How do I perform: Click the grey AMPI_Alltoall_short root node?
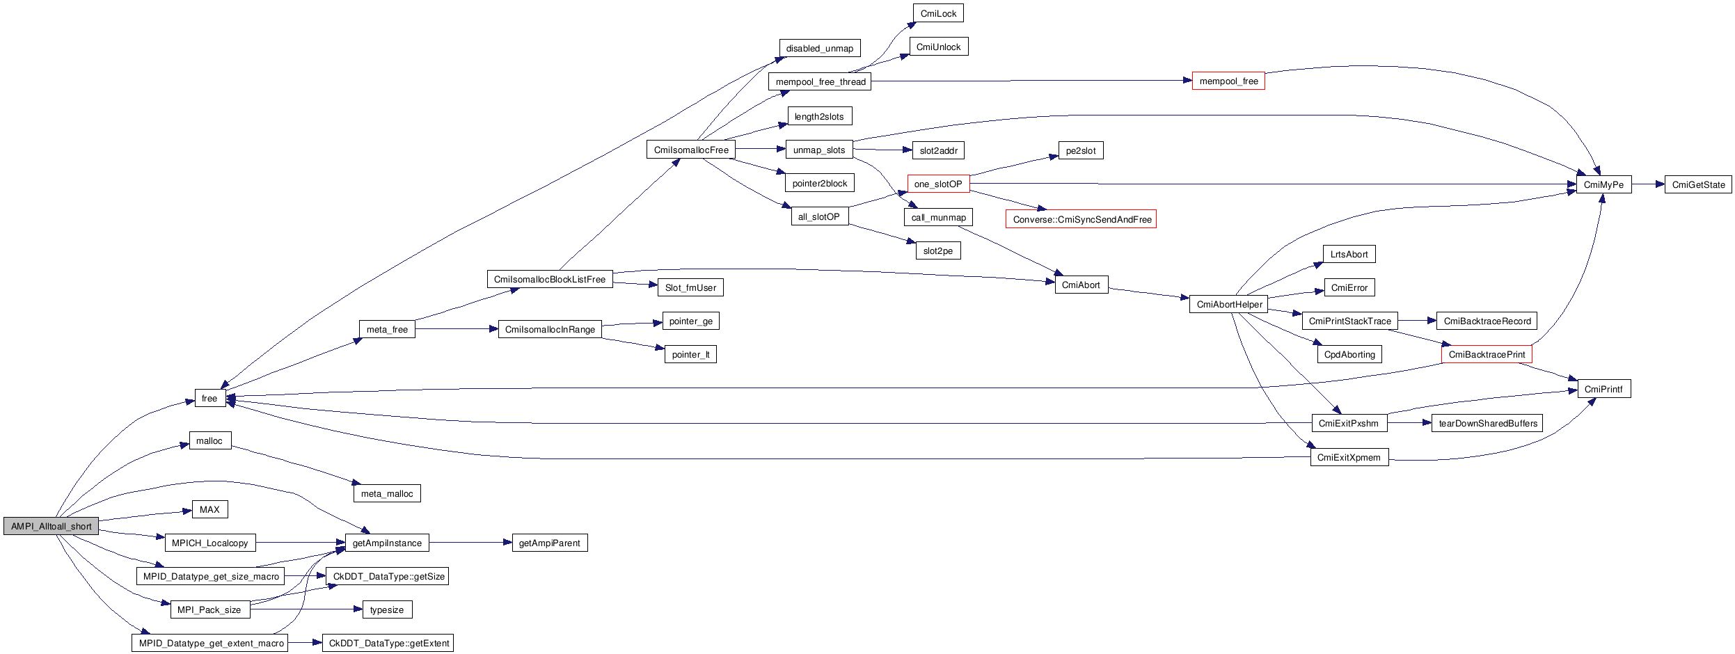[x=51, y=526]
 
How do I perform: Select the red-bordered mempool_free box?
[x=1228, y=81]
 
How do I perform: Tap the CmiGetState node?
[x=1697, y=184]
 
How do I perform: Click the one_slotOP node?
[x=937, y=184]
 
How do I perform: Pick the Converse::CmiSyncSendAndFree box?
[x=1081, y=219]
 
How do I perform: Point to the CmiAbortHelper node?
[x=1228, y=304]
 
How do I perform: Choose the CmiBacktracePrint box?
[x=1486, y=354]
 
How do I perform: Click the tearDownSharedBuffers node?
[x=1487, y=423]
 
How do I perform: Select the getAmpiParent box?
[x=549, y=543]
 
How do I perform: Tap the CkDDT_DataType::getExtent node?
[x=388, y=643]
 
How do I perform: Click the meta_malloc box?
[x=387, y=493]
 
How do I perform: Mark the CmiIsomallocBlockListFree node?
[x=549, y=279]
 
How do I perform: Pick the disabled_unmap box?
[x=819, y=48]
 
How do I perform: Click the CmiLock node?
[x=938, y=13]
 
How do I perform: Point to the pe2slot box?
[x=1080, y=150]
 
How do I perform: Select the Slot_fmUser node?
[x=690, y=287]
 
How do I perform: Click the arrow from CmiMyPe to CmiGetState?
[x=1647, y=184]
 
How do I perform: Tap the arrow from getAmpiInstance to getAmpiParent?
[x=470, y=543]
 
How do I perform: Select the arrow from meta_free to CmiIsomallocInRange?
[x=457, y=329]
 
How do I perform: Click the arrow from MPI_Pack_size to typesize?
[x=306, y=609]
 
